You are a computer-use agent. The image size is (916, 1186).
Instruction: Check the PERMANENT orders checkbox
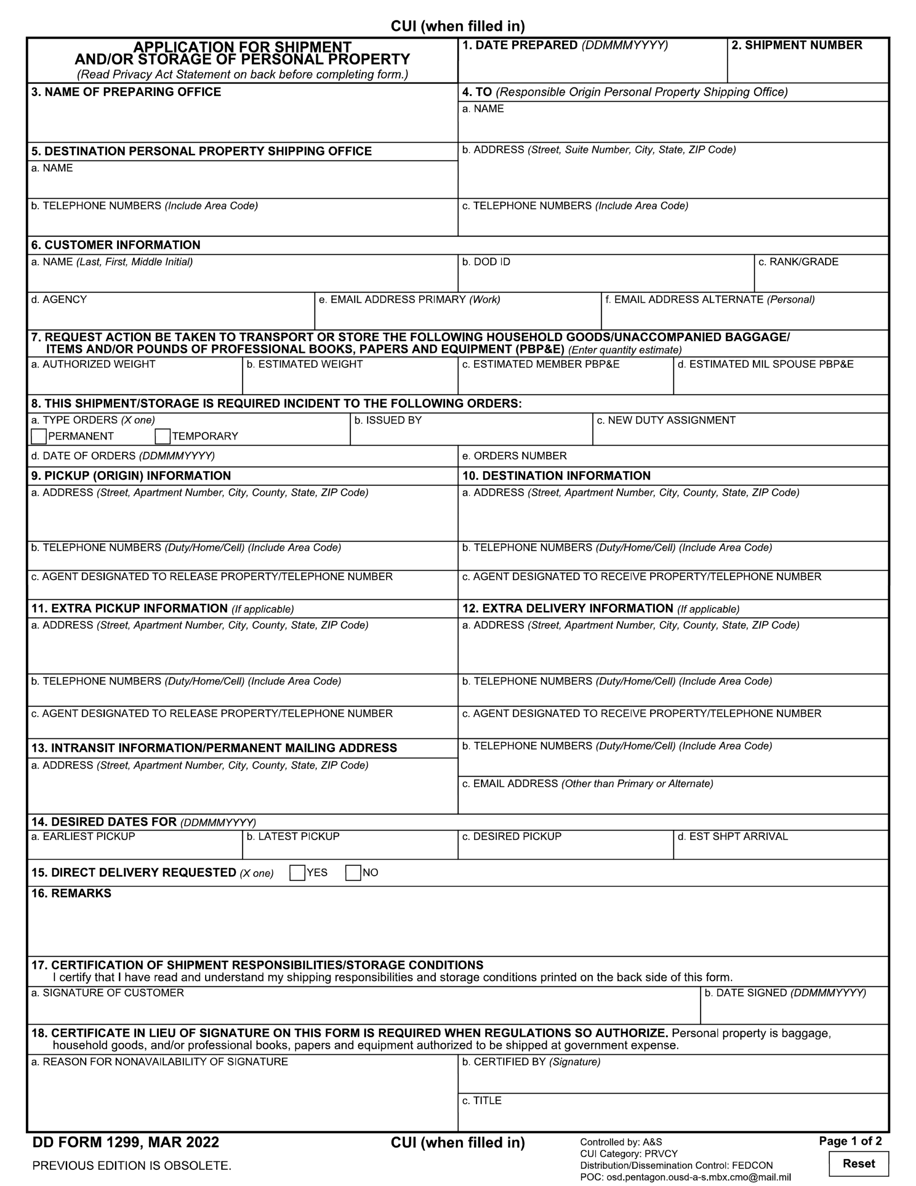[39, 436]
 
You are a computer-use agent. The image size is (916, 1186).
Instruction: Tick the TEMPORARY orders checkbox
[163, 436]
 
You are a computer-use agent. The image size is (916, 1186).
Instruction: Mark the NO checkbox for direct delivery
[353, 873]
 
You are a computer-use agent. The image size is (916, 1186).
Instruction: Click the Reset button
[859, 1164]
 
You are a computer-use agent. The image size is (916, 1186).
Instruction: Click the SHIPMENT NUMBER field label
[797, 45]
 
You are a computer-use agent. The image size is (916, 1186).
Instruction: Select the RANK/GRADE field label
[798, 262]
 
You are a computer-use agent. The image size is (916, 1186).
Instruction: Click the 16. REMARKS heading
[71, 893]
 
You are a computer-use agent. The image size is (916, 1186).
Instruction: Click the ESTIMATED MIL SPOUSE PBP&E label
[765, 365]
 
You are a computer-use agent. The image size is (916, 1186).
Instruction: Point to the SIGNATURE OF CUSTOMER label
[107, 993]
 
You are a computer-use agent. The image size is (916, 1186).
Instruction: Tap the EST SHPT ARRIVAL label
[733, 836]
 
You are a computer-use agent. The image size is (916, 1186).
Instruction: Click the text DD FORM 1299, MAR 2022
[125, 1142]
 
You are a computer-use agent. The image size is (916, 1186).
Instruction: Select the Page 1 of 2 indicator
[850, 1141]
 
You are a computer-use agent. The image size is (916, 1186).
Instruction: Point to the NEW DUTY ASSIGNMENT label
[666, 420]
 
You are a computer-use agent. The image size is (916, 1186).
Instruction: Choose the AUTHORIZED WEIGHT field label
[94, 365]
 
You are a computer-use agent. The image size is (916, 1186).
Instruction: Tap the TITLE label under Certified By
[482, 1101]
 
